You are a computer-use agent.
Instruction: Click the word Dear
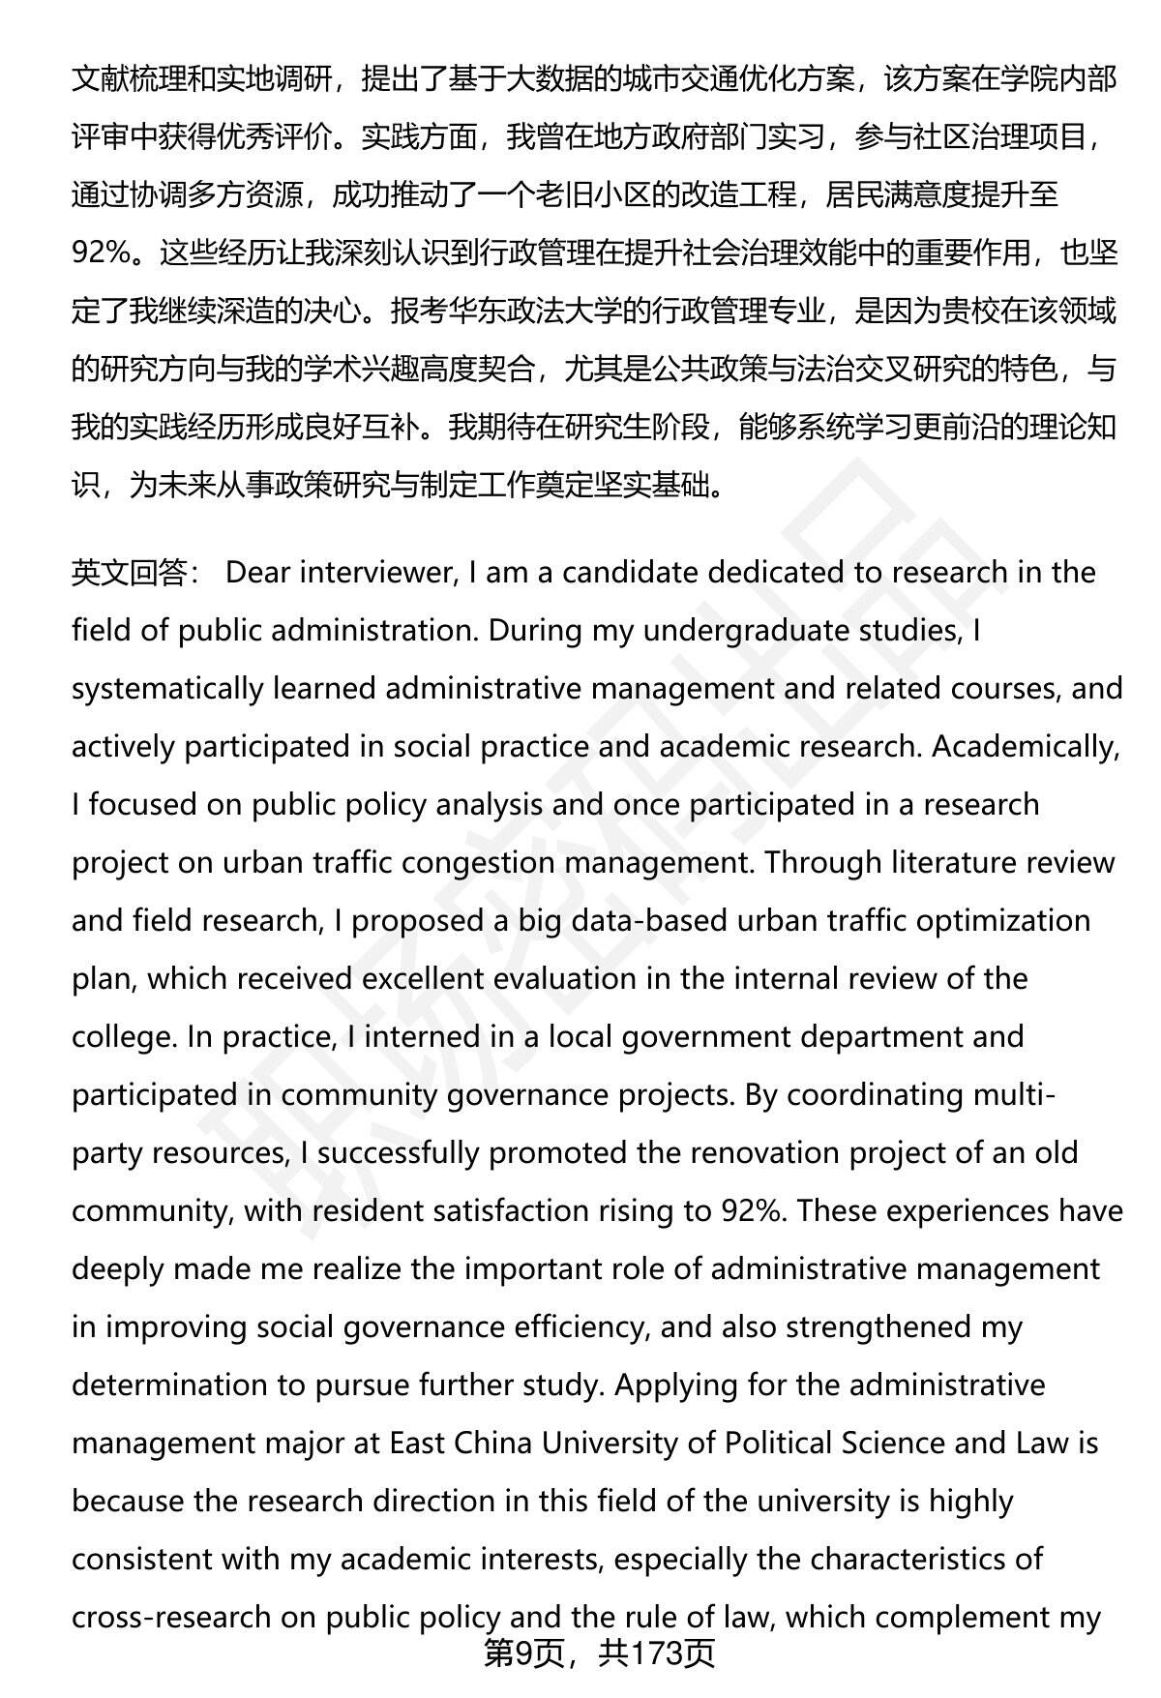tap(257, 573)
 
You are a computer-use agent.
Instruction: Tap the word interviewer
tap(377, 573)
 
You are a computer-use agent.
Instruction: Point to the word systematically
tap(167, 689)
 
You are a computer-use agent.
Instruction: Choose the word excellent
tap(423, 979)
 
